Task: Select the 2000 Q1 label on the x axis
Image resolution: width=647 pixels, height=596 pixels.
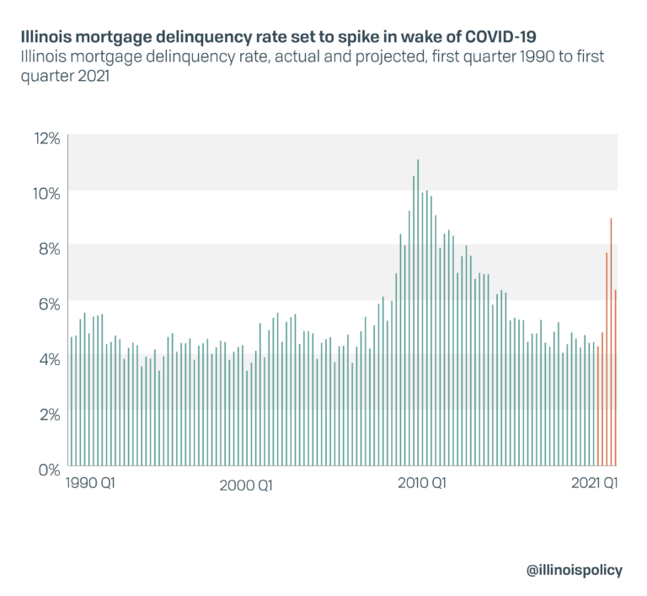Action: click(x=245, y=485)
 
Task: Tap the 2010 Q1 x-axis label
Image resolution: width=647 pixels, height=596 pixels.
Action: click(x=422, y=484)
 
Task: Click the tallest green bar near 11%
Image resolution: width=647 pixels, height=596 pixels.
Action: click(x=418, y=312)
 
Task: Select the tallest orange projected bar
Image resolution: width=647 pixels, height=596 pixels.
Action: click(x=611, y=341)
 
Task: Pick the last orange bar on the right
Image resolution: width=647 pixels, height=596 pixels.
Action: click(x=616, y=378)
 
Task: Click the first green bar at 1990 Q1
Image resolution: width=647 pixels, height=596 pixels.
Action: click(x=72, y=401)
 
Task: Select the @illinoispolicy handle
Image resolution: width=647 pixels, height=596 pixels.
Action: click(x=575, y=570)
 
